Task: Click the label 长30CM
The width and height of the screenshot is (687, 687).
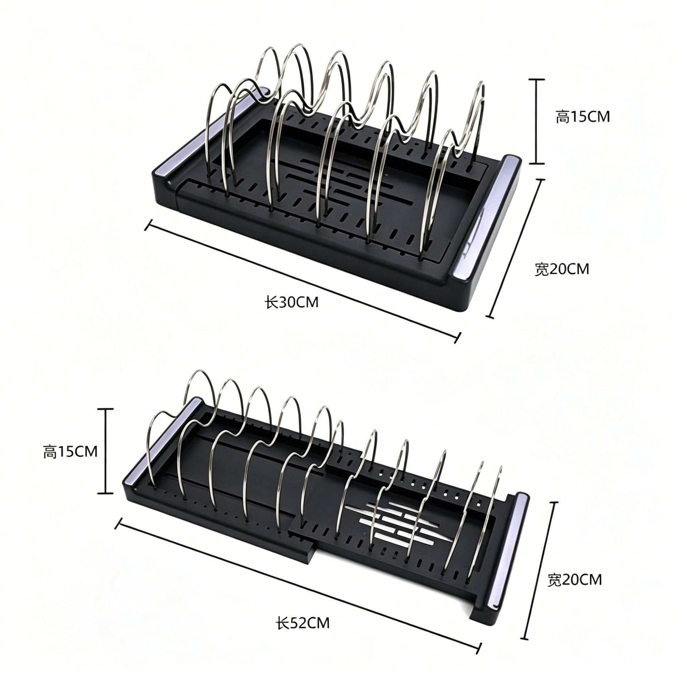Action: pos(291,293)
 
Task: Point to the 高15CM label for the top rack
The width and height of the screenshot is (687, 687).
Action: pos(583,117)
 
